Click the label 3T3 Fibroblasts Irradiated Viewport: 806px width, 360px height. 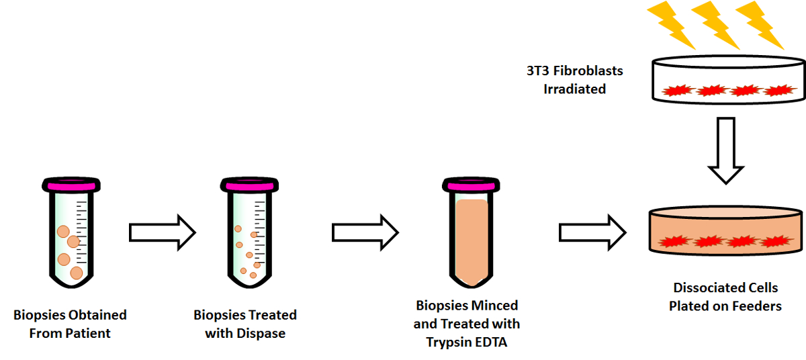[574, 79]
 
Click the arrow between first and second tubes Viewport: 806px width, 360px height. [162, 232]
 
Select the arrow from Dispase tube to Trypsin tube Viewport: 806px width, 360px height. [365, 232]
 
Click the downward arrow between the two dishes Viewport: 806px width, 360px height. [727, 150]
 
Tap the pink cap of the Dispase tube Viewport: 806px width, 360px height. [247, 184]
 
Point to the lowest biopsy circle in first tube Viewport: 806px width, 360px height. [77, 273]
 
